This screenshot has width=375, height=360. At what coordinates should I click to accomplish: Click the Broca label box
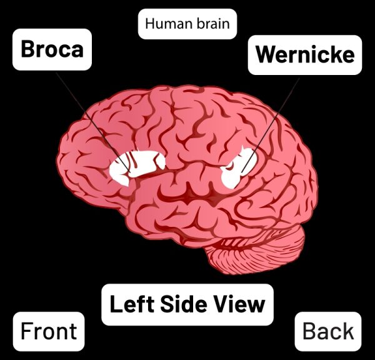click(52, 49)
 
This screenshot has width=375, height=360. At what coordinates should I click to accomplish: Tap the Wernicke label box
click(305, 55)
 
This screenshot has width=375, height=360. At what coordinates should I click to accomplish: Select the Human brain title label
click(187, 24)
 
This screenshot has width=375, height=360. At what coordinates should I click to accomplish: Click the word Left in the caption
click(132, 304)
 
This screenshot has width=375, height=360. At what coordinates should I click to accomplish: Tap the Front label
click(49, 331)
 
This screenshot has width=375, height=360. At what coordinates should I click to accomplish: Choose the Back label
click(328, 331)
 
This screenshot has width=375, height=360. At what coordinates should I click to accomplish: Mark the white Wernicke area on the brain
click(238, 168)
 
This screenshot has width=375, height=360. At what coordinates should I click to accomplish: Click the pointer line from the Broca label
click(93, 122)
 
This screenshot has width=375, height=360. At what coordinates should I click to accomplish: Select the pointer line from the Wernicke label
click(271, 125)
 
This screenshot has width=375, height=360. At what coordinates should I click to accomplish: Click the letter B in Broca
click(27, 49)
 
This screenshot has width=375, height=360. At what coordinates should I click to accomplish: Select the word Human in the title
click(169, 24)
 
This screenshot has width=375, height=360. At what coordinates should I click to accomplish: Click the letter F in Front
click(26, 331)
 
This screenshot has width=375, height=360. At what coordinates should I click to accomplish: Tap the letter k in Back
click(347, 331)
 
